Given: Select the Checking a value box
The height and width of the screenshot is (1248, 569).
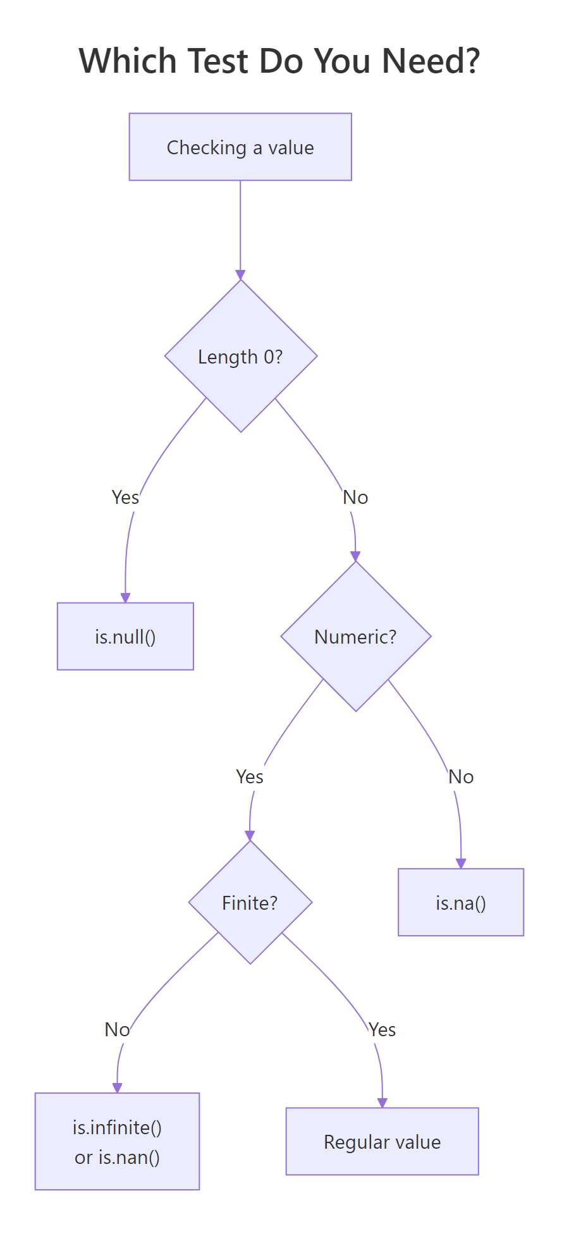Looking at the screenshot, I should coord(240,147).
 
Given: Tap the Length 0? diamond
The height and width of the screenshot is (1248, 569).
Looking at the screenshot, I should coord(240,357).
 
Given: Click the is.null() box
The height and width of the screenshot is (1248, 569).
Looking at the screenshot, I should coord(125,637).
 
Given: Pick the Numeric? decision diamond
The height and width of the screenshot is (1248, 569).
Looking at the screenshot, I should coord(355,637).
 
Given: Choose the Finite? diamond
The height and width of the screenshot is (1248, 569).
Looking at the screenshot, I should coord(250,903).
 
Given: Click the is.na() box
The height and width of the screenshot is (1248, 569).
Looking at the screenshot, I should coord(461,903).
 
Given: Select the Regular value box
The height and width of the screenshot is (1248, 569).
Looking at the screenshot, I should coord(382,1142).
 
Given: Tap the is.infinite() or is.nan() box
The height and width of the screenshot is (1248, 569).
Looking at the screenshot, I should coord(117,1142).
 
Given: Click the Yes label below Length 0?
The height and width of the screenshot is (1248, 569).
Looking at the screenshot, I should coord(125,498).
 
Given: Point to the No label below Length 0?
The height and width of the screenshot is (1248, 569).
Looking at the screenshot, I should coord(355,498).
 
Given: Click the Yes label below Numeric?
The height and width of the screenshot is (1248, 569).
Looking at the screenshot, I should coord(250,777).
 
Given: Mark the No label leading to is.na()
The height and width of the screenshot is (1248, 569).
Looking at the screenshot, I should coord(461,777).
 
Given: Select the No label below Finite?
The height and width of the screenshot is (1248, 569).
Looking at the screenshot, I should coord(117,1030).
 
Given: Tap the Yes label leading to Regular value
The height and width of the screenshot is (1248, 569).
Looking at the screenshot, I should coord(382,1030).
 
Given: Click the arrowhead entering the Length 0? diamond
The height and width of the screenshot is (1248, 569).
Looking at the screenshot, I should coord(240,275).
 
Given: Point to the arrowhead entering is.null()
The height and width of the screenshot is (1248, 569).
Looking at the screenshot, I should coord(125,598).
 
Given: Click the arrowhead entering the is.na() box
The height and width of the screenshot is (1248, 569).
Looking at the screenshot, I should coord(461,864).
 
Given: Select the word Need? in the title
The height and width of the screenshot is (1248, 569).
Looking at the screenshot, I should coord(431,61).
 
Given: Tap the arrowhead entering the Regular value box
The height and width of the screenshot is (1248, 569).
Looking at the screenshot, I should coord(382,1103).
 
